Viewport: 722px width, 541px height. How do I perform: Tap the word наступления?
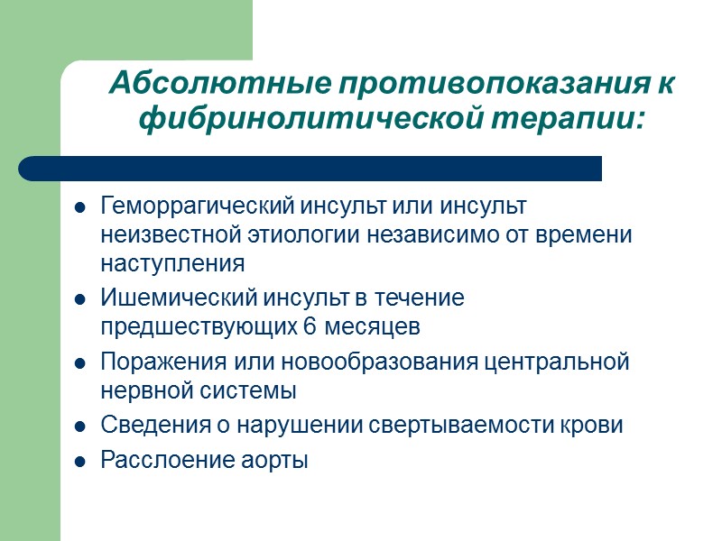172,264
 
